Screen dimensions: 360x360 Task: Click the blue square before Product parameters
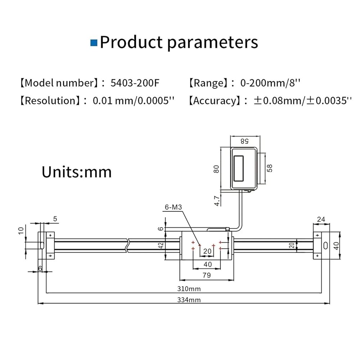point(94,43)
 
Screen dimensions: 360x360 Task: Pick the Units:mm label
point(77,172)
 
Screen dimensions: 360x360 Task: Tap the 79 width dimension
point(207,275)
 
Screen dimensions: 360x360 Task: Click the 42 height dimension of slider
point(162,246)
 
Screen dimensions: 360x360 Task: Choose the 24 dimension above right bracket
point(321,219)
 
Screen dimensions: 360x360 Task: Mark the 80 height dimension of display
point(216,168)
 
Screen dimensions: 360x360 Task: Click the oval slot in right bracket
point(325,246)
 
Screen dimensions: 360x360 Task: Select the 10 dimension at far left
point(21,230)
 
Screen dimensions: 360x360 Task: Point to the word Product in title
point(131,42)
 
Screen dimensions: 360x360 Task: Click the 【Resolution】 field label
point(49,100)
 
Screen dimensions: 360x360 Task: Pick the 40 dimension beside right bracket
point(336,246)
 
